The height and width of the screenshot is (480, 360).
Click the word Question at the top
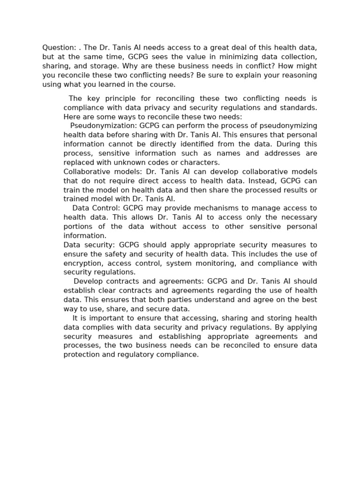click(58, 47)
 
